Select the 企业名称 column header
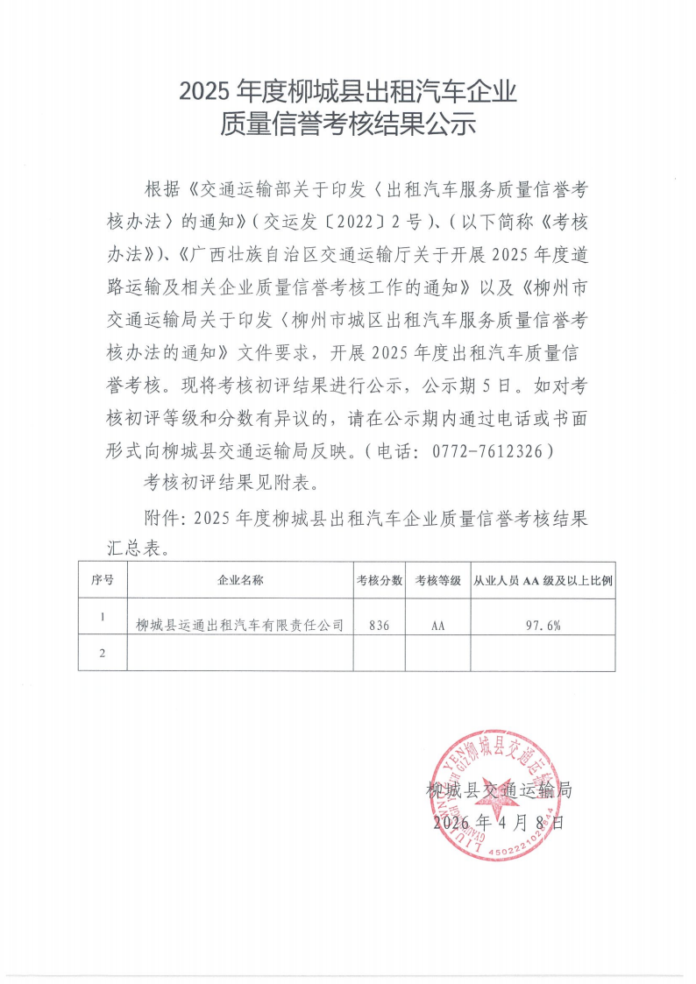240,580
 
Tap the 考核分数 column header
380,580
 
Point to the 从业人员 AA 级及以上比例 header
542,580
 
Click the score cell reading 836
380,626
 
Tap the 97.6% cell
543,626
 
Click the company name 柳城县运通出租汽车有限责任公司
239,626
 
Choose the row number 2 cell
103,654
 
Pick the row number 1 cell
103,617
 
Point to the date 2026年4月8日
497,823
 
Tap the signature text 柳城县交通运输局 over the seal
498,790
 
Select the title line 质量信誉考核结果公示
348,124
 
